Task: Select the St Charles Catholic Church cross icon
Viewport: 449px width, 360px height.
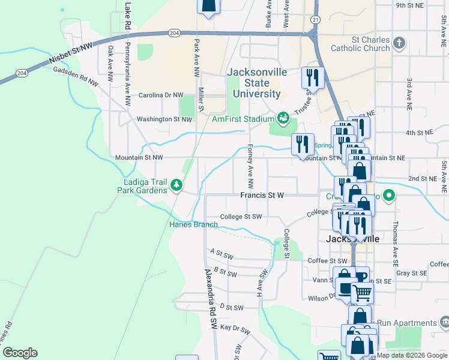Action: click(x=400, y=43)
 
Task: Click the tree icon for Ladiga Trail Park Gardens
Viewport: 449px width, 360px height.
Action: click(x=176, y=185)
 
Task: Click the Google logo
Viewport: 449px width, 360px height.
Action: click(x=20, y=353)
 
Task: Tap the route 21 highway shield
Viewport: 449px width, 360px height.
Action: click(x=315, y=20)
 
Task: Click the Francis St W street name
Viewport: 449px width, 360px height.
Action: click(x=262, y=196)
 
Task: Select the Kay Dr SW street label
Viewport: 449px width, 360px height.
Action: click(x=234, y=328)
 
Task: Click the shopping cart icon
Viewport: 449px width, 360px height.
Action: click(x=361, y=294)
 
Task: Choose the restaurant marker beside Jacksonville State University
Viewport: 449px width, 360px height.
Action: click(x=313, y=77)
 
